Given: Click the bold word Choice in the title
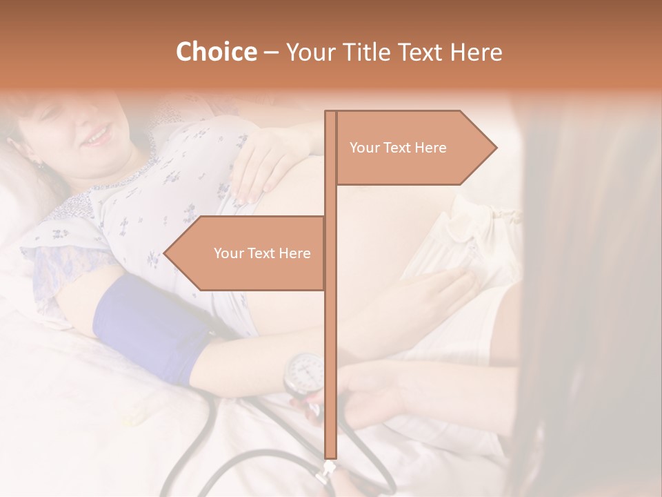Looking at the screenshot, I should click(216, 52).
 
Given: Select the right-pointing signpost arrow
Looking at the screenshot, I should click(414, 147).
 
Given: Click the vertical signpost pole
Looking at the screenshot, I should click(330, 345).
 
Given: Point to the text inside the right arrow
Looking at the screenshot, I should click(398, 148).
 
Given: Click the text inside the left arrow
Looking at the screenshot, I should click(262, 253).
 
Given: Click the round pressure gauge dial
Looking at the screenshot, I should click(304, 372).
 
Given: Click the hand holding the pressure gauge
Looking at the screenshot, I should click(372, 393).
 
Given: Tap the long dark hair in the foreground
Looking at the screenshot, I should click(593, 311).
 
